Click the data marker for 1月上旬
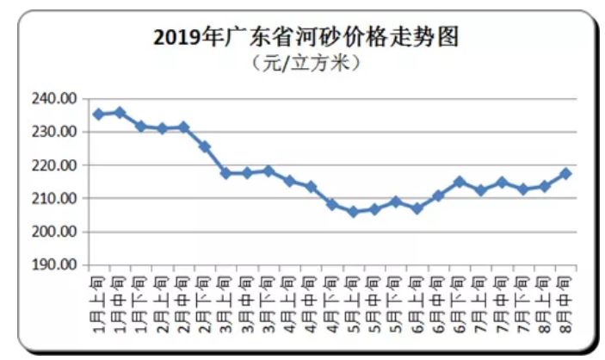pyautogui.click(x=98, y=114)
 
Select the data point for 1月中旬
pyautogui.click(x=120, y=112)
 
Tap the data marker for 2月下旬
pyautogui.click(x=204, y=146)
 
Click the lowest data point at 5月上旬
pyautogui.click(x=352, y=211)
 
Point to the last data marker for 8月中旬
pyautogui.click(x=565, y=173)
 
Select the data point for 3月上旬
pyautogui.click(x=225, y=173)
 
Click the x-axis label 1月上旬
pyautogui.click(x=98, y=297)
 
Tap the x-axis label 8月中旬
pyautogui.click(x=565, y=297)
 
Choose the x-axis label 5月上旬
pyautogui.click(x=352, y=297)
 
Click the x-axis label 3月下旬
pyautogui.click(x=268, y=297)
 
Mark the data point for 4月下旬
pyautogui.click(x=331, y=204)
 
